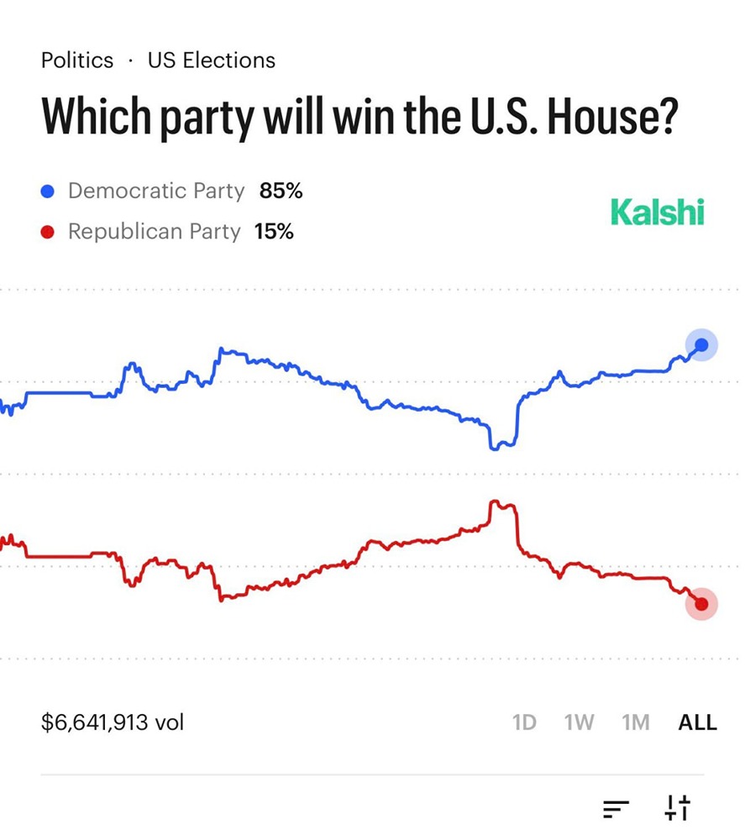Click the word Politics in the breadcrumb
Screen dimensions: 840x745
[76, 60]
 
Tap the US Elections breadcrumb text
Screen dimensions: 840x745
[211, 60]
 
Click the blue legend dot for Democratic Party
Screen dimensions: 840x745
[48, 192]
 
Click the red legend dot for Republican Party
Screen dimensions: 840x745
[48, 232]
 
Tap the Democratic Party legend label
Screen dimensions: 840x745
[155, 191]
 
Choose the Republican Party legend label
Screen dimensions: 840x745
[154, 231]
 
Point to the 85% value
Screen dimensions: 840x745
[281, 191]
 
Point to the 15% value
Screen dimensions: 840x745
[274, 231]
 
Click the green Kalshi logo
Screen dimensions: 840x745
[657, 212]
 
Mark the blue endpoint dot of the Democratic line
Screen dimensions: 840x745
[702, 344]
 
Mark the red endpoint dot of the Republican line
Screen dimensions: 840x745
[701, 604]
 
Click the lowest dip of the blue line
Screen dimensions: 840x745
[495, 448]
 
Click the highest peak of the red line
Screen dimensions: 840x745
[495, 501]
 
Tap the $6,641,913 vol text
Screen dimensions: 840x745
[113, 722]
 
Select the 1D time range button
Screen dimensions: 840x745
[524, 722]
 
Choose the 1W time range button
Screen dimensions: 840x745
[579, 722]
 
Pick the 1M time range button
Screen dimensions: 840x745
[636, 722]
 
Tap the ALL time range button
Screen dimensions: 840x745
[697, 722]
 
